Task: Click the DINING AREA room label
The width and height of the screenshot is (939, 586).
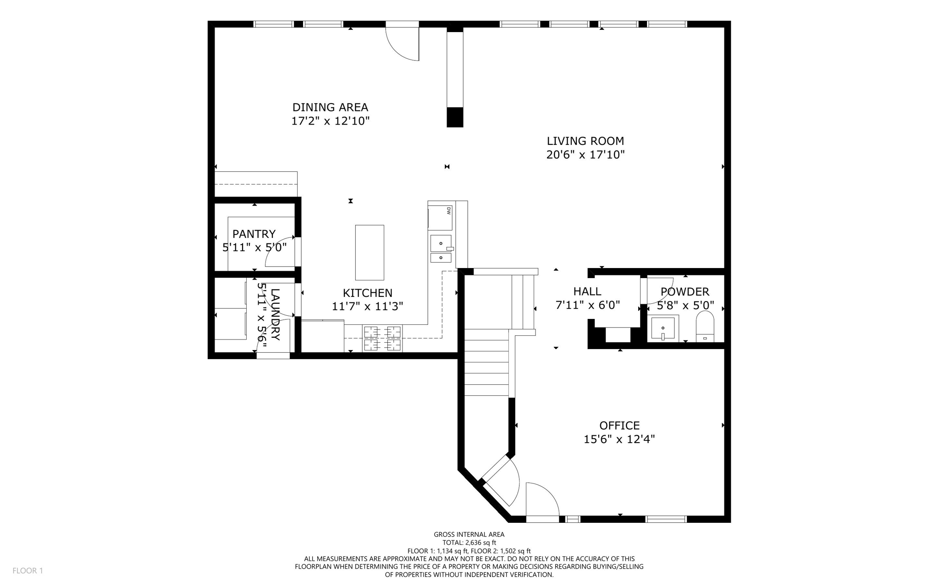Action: click(x=330, y=107)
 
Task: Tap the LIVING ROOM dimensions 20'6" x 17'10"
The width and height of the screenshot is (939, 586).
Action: click(x=585, y=155)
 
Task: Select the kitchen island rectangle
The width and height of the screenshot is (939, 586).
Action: click(x=370, y=252)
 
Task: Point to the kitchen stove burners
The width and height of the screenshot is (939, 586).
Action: click(x=382, y=338)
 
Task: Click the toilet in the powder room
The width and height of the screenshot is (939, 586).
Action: click(x=705, y=326)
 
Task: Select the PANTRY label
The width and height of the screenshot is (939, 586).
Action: click(x=254, y=234)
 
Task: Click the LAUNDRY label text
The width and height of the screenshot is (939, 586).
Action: click(x=275, y=314)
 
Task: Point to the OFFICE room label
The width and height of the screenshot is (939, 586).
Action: click(x=619, y=426)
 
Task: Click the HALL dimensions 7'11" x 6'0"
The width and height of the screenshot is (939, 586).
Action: click(x=587, y=305)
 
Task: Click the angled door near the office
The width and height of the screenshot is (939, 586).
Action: click(x=501, y=482)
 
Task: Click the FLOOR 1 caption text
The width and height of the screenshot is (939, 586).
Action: click(x=28, y=570)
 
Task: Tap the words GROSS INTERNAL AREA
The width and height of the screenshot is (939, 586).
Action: click(x=469, y=534)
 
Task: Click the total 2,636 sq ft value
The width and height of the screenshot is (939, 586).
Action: click(x=469, y=542)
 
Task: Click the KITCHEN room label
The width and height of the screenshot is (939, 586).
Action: click(x=367, y=293)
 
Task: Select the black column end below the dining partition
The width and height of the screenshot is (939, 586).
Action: click(x=455, y=117)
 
